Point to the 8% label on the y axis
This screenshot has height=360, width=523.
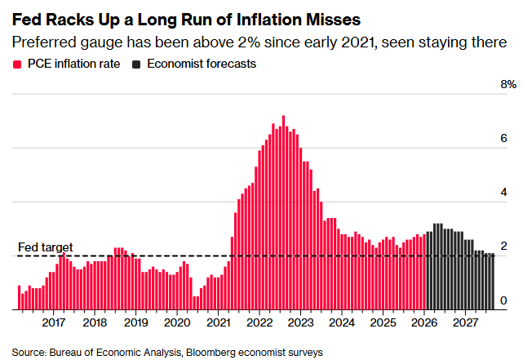tap(508, 85)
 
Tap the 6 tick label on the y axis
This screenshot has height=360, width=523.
tap(503, 139)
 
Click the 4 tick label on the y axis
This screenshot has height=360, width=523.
tap(503, 193)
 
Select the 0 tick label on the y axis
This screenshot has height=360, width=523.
tap(503, 300)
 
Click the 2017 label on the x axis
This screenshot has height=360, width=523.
tap(54, 322)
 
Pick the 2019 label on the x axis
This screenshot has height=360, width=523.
tap(136, 322)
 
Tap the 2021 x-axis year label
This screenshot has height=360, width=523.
tap(219, 322)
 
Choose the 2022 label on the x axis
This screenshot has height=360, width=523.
tap(259, 322)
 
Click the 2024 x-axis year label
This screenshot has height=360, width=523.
tap(342, 322)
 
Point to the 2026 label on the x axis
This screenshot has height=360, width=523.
tap(424, 322)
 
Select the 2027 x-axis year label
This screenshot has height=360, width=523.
tap(465, 322)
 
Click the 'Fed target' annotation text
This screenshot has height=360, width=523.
tap(46, 247)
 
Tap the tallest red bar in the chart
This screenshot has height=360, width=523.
tap(283, 212)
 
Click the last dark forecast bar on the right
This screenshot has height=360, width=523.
tap(492, 282)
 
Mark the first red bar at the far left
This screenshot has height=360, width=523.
tap(19, 297)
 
